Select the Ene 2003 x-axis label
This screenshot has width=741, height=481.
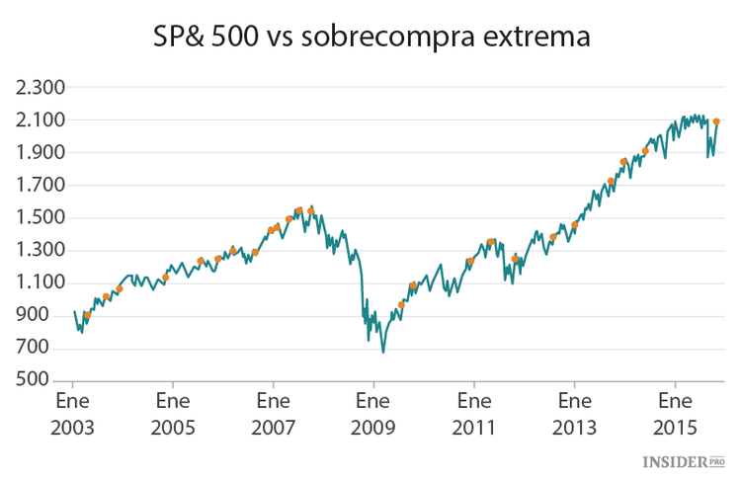[x=72, y=414]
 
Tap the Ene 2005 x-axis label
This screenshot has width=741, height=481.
[x=173, y=414]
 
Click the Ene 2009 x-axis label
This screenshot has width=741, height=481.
[x=373, y=414]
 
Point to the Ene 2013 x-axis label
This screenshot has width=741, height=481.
[x=574, y=414]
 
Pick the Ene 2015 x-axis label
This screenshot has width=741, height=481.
[x=675, y=414]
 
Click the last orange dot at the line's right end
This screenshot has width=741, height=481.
[x=716, y=121]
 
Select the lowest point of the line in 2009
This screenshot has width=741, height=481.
[x=382, y=352]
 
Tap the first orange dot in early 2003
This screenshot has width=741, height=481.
[x=87, y=315]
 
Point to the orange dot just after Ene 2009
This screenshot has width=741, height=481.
[x=401, y=305]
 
